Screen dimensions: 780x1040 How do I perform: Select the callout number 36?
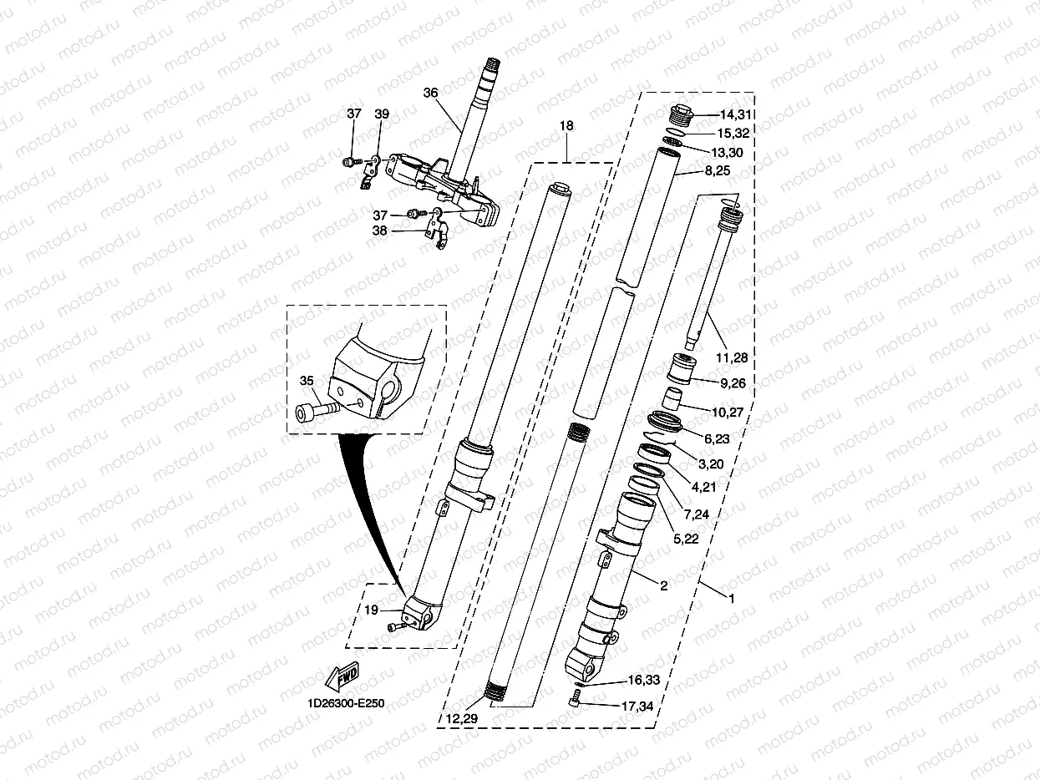430,94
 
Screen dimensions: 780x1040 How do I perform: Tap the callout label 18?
566,126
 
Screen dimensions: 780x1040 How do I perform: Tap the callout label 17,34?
637,707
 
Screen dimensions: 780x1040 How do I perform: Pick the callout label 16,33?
642,681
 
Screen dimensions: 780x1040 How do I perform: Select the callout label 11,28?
731,357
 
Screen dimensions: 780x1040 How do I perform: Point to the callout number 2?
663,586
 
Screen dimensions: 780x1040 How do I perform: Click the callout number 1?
732,598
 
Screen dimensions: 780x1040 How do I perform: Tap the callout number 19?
372,610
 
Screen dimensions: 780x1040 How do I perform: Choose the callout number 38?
379,231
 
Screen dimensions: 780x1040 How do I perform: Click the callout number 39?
382,114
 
